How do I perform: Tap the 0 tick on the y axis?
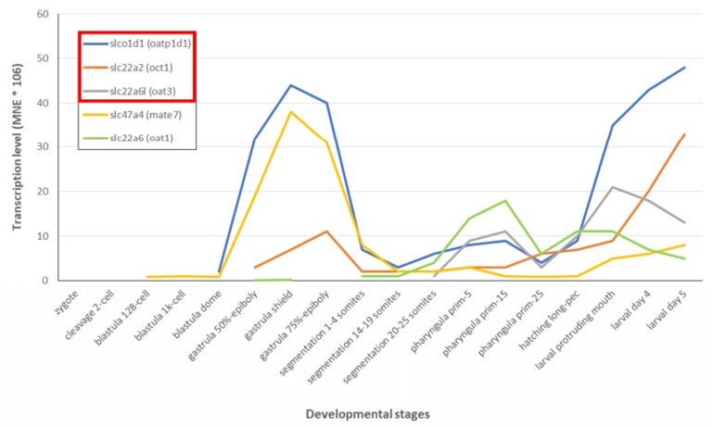[x=44, y=280]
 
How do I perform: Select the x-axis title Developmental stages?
[x=356, y=413]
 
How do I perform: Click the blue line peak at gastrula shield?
[x=291, y=85]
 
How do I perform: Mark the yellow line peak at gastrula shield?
[x=291, y=112]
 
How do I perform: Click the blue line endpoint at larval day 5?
[x=684, y=68]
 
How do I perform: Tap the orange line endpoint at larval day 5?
[x=684, y=134]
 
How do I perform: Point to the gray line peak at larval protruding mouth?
[x=613, y=187]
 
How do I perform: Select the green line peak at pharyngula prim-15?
[x=503, y=200]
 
